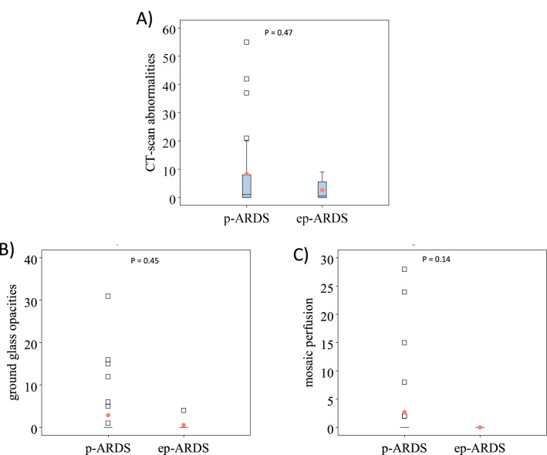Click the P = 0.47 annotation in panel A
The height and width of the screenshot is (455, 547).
tap(279, 33)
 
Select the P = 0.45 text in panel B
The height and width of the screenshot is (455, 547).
tap(144, 260)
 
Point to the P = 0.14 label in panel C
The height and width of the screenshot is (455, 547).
tap(436, 259)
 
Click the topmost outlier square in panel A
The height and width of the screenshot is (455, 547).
tap(247, 42)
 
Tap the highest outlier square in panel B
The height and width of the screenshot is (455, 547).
tap(108, 296)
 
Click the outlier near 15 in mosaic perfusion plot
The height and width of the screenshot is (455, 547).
tap(404, 342)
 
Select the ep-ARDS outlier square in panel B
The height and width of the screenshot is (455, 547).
tap(184, 410)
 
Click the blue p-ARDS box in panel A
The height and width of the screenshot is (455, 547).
tap(247, 186)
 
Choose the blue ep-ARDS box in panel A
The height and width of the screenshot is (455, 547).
tap(322, 190)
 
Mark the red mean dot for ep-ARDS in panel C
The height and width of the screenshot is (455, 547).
tap(480, 427)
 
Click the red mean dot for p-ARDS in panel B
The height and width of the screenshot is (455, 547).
tap(108, 415)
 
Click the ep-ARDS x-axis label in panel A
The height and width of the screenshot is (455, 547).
tap(322, 218)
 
